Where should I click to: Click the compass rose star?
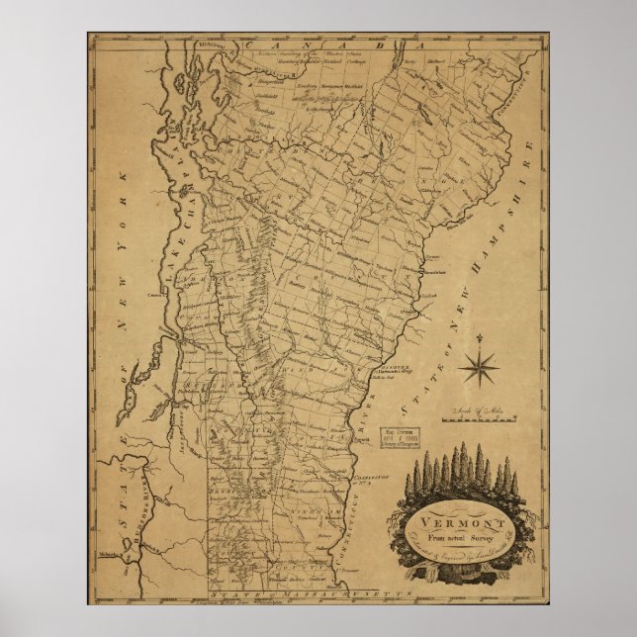point(480,369)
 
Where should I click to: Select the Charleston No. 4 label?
point(366,480)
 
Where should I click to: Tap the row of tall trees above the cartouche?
point(461,471)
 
